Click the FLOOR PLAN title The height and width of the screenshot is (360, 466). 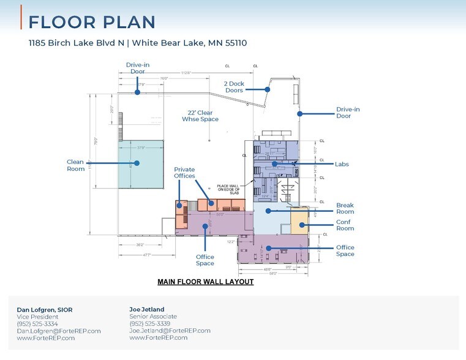coord(92,22)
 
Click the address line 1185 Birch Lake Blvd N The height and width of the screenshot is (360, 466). coord(138,43)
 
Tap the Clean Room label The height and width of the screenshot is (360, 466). coord(75,165)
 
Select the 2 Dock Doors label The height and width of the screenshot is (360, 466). coord(233,86)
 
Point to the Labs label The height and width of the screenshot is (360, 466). coord(342,164)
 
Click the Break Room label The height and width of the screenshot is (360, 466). coord(345,208)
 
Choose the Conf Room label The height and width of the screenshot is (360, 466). coord(345,225)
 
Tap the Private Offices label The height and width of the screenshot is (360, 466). coord(184,173)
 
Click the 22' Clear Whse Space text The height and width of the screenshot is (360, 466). coord(200,116)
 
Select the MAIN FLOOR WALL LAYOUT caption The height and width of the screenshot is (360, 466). coord(205,282)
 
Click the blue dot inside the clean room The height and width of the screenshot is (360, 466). coord(137,163)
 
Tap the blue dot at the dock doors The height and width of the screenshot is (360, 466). coord(268,89)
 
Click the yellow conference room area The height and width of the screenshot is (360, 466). coord(298,220)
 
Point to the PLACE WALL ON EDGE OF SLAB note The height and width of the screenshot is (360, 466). coord(231,189)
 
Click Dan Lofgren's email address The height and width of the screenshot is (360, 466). coord(59,331)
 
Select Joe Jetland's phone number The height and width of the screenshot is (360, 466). coord(149,323)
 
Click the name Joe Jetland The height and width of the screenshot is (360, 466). coord(147,309)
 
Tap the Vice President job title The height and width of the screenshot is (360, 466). coord(38,317)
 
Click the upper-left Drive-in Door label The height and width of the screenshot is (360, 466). coord(138,68)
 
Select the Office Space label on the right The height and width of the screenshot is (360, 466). coord(345,250)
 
